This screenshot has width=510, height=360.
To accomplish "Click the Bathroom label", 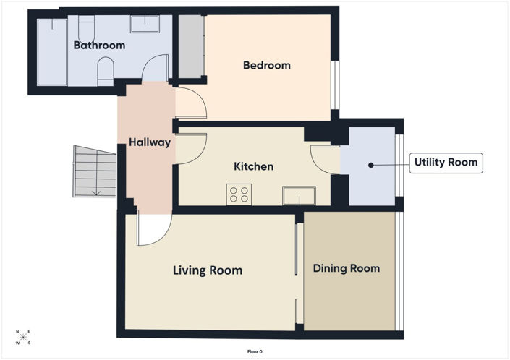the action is pos(99,45).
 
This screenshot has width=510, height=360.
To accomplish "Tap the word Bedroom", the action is pos(267,65).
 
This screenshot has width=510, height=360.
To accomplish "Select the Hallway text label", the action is pos(150,142).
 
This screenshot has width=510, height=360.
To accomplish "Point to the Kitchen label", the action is pos(253,166).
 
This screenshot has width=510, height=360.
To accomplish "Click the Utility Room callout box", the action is pos(446,163).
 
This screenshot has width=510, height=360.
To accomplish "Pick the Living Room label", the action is pos(208,270).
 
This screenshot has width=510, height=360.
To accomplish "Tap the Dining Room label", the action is pos(347,268).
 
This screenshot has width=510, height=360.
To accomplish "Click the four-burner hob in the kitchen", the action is pos(239,194).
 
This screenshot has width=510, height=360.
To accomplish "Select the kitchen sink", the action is pos(299,196).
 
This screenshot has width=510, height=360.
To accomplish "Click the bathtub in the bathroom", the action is pos(52,52).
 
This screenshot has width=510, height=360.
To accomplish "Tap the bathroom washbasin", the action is pos(145,24).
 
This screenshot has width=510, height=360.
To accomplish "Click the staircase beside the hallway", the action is pos(94,171).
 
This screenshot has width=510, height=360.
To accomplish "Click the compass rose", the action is pos(22,338).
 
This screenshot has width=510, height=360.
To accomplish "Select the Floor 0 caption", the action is pos(255,351).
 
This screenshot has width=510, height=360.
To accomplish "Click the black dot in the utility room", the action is pos(371,165).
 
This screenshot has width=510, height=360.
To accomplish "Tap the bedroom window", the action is pos(335,85).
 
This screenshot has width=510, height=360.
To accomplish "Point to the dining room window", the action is pos(399,271).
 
